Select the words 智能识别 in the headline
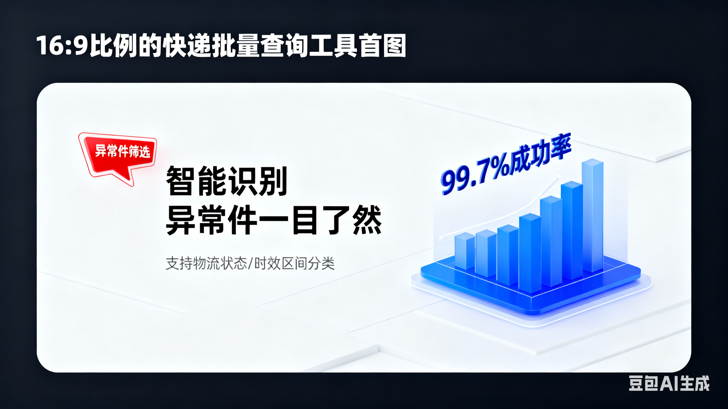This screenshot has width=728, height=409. [227, 181]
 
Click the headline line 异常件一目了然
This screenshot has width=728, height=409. [274, 220]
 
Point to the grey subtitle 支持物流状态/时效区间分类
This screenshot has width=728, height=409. [250, 263]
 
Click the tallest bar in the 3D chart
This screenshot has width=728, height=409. [593, 216]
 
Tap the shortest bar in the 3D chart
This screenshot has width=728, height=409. [465, 251]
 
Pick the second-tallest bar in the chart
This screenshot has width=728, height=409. [572, 230]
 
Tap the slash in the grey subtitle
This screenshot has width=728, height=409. [250, 263]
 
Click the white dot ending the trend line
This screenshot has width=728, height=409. [559, 176]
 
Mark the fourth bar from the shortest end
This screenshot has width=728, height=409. [530, 253]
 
